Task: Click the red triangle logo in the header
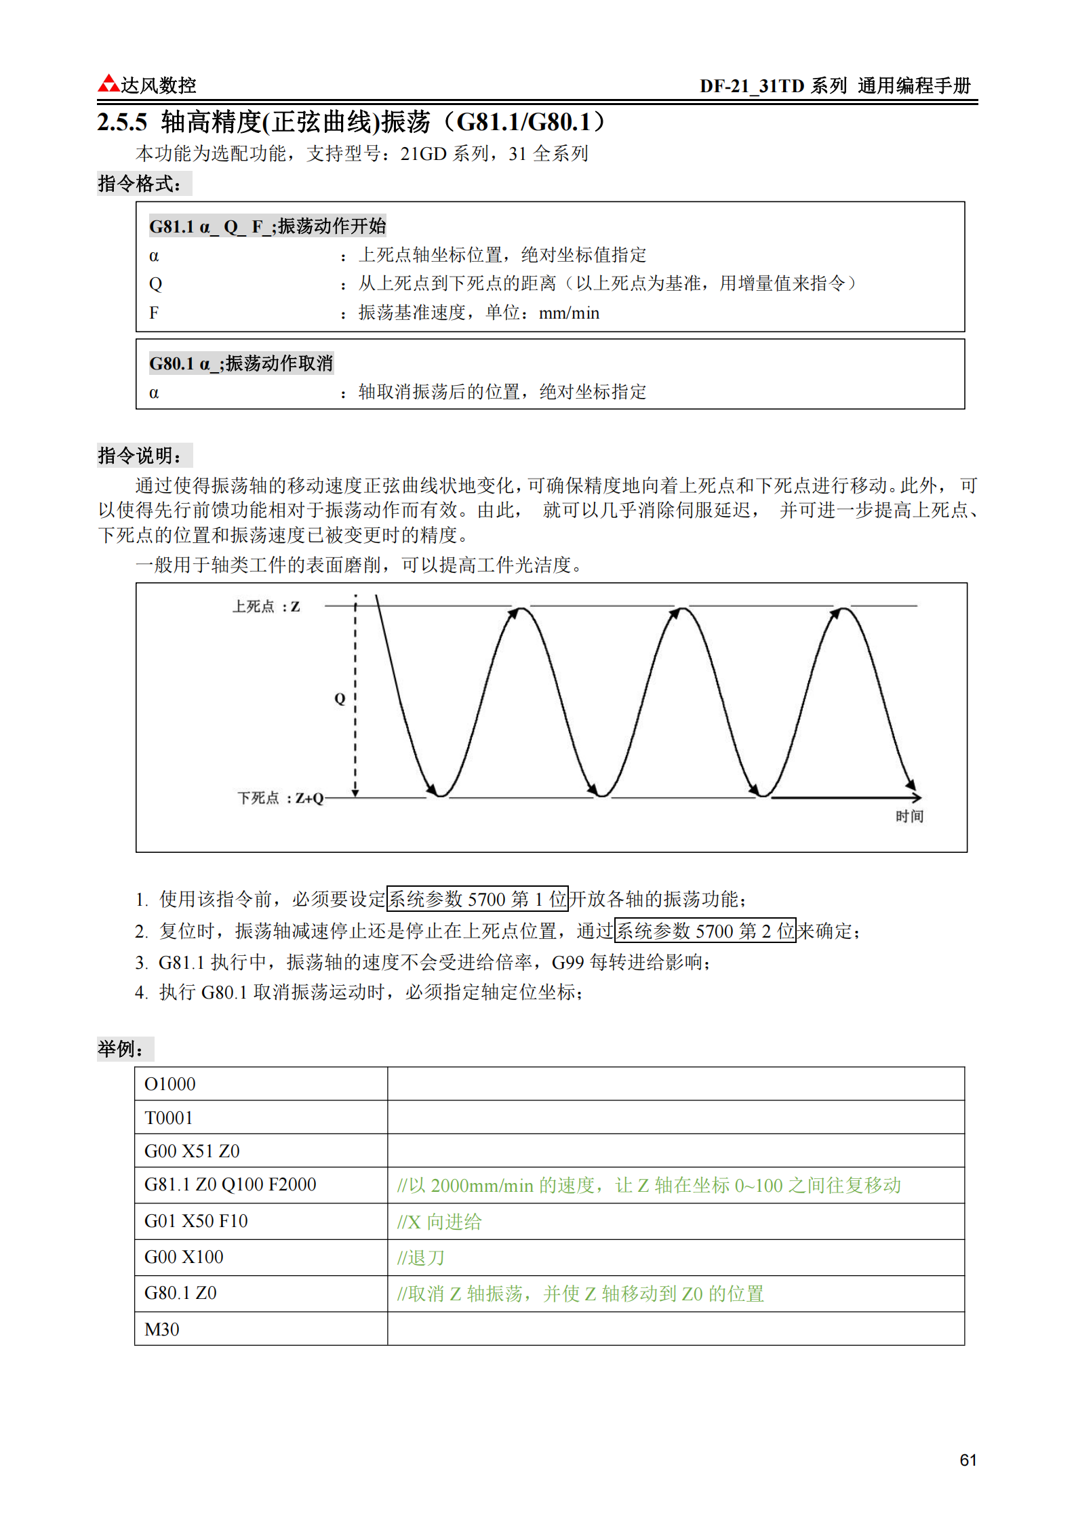coord(108,84)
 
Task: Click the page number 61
coord(968,1460)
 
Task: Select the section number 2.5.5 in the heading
coord(122,123)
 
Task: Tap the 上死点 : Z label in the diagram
coord(266,607)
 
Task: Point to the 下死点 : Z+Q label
coord(280,798)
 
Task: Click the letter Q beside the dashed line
coord(340,698)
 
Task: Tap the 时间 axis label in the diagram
coord(909,816)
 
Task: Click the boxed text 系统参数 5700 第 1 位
coord(477,899)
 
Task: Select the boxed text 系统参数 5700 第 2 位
coord(704,931)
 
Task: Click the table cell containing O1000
coord(170,1084)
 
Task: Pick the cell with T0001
coord(169,1118)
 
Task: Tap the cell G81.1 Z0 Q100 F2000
coord(231,1184)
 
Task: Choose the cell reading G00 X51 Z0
coord(192,1151)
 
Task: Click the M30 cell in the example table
coord(162,1329)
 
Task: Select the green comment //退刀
coord(421,1258)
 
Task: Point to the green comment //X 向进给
coord(439,1222)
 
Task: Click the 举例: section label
coord(121,1049)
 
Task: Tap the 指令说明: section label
coord(140,456)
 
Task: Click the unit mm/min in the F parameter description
coord(569,313)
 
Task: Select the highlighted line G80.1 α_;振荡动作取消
coord(241,364)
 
